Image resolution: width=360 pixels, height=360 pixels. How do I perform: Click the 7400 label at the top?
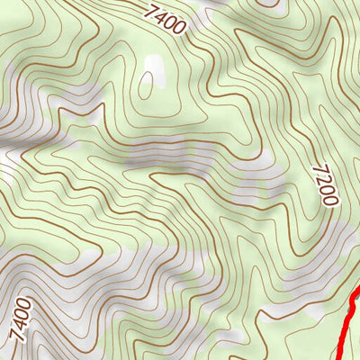click(165, 19)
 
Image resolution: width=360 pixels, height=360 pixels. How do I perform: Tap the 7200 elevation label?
click(326, 184)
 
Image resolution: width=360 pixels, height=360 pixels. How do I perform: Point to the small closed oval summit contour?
click(145, 85)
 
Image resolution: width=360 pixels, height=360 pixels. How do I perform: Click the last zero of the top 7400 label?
click(179, 28)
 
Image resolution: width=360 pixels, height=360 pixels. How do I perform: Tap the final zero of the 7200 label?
click(330, 200)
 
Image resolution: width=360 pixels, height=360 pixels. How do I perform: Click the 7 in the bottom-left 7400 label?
click(16, 336)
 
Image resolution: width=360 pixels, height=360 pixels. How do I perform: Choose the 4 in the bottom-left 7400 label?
click(20, 325)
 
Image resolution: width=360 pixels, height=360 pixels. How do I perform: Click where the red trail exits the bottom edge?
click(342, 358)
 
